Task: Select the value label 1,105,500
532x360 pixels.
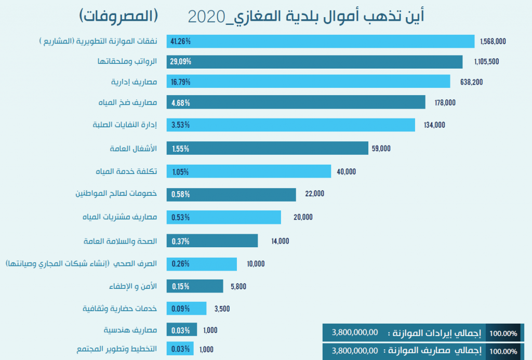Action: click(x=486, y=62)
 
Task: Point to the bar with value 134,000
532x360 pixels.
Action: click(x=291, y=125)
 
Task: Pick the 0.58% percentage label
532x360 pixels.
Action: click(x=180, y=194)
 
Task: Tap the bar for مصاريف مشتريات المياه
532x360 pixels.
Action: click(x=223, y=217)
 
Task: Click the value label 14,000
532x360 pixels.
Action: click(x=280, y=241)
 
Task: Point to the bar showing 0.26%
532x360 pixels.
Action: click(x=202, y=264)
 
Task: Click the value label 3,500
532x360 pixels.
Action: click(x=222, y=309)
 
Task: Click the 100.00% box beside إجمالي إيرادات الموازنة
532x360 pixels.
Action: click(x=503, y=333)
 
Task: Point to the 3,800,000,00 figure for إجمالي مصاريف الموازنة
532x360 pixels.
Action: click(x=354, y=351)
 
